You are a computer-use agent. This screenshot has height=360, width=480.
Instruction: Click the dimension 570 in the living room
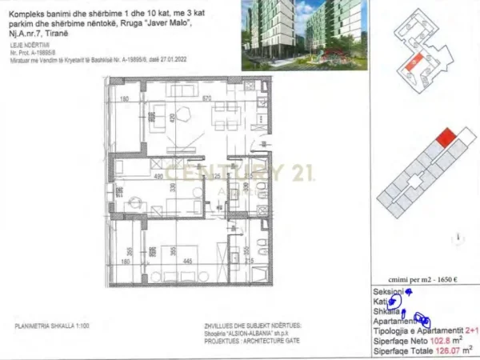pyautogui.click(x=206, y=98)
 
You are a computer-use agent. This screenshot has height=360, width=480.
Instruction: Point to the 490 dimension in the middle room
pyautogui.click(x=158, y=176)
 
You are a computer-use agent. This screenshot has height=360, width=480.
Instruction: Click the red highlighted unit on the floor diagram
pyautogui.click(x=448, y=138)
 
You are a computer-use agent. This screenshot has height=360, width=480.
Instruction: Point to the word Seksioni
pyautogui.click(x=388, y=293)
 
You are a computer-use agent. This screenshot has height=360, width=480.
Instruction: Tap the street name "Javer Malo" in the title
pyautogui.click(x=180, y=26)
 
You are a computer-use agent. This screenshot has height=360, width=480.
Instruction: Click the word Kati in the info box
pyautogui.click(x=380, y=302)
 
